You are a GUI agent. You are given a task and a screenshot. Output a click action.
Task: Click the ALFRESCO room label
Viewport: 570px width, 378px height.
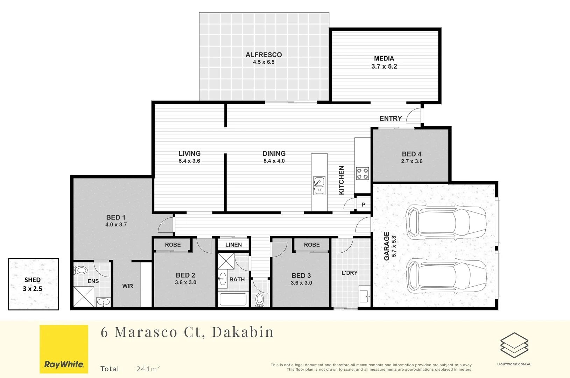coord(263,55)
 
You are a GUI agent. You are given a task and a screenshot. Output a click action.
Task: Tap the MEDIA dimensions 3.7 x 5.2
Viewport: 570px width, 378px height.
coord(384,66)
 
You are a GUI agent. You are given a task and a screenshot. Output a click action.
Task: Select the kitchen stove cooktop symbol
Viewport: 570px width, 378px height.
coord(362,174)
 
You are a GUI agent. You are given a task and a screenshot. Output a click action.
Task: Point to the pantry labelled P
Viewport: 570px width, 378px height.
coord(364,204)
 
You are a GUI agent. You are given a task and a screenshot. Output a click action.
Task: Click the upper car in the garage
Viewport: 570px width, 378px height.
coord(445,222)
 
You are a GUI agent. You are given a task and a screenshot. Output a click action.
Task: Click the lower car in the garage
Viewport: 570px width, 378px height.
coord(445,276)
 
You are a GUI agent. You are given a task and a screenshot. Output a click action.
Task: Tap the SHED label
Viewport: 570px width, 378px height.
coord(33,280)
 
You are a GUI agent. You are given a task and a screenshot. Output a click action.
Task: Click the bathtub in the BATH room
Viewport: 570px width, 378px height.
coord(233,299)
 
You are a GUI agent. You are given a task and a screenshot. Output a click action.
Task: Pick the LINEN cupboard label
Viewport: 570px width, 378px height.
coord(233,245)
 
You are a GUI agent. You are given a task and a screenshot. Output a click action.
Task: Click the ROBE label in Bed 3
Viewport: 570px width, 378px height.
coord(311,245)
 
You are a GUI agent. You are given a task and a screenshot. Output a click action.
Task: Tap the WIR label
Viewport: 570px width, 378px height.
coord(127,286)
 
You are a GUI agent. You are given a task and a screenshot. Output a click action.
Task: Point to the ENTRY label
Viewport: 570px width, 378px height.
coord(390,119)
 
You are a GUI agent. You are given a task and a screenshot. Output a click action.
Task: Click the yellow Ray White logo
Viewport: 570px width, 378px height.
coord(64,349)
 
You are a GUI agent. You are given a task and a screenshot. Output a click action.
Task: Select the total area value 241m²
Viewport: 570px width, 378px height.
coord(148,369)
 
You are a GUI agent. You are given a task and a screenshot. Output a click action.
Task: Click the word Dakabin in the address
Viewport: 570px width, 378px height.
coord(242,332)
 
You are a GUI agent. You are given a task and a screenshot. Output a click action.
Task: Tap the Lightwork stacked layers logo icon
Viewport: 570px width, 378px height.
coord(514,345)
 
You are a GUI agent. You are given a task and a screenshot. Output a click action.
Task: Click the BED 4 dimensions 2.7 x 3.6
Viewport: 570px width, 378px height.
coord(411,161)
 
